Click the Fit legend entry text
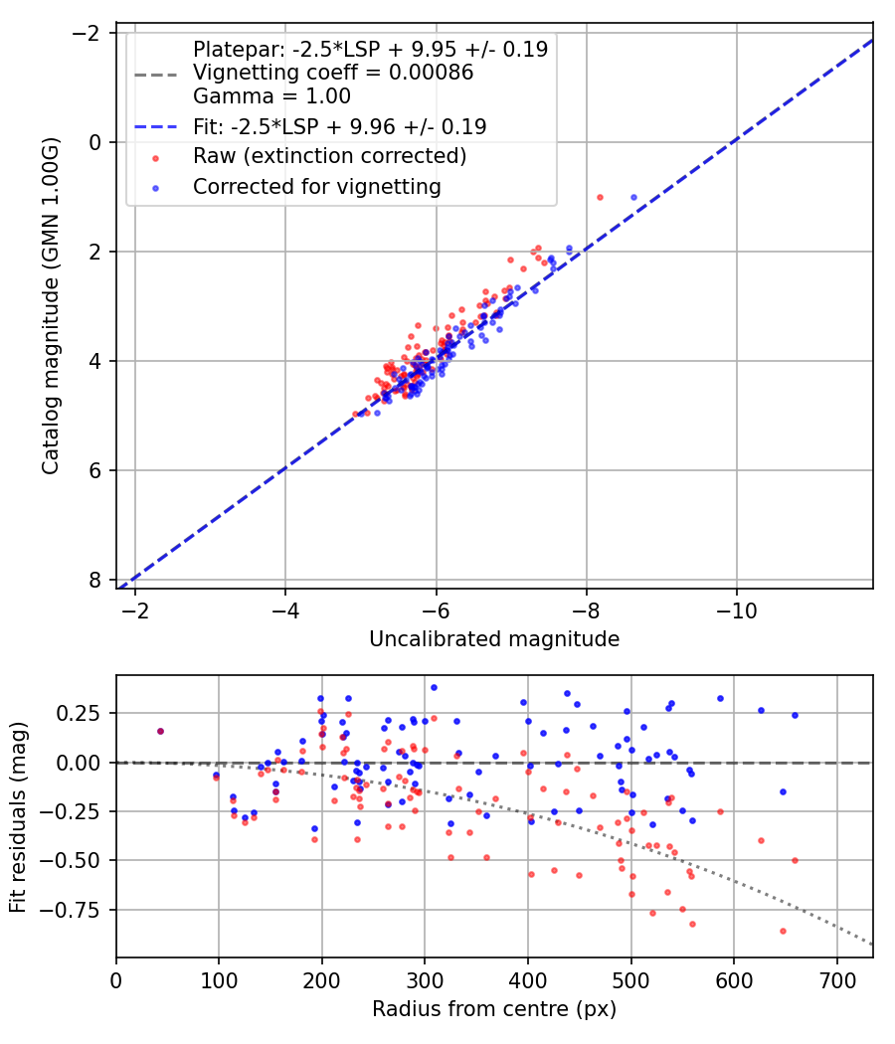point(339,126)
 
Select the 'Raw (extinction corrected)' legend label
point(329,156)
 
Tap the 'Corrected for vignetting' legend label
point(316,186)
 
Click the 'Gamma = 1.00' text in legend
point(271,96)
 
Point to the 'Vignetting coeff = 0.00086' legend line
point(333,73)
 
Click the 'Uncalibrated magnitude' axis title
point(494,639)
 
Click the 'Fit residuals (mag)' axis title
point(18,817)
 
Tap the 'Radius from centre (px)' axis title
point(494,1009)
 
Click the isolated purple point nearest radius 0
point(160,731)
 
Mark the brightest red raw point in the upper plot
point(600,197)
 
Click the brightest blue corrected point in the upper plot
point(633,197)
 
